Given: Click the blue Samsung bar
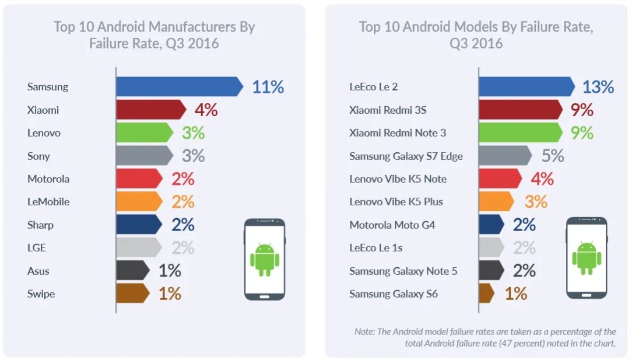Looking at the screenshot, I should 178,86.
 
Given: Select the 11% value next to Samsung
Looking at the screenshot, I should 268,87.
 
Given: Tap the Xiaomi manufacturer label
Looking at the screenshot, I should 43,110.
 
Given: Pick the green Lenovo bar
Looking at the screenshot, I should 143,132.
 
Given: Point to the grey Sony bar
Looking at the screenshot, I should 143,156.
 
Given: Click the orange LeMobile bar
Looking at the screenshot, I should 138,201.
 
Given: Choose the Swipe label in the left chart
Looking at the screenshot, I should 41,294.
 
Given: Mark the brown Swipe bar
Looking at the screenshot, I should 132,293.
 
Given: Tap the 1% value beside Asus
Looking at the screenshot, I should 170,271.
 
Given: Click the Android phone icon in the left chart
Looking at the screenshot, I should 264,259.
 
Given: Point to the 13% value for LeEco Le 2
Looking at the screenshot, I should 598,87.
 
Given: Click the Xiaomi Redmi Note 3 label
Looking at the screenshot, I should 398,132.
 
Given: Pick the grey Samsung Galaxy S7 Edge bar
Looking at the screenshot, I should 504,156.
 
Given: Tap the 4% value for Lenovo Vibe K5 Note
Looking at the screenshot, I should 542,179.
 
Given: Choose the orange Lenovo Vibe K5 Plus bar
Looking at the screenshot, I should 496,201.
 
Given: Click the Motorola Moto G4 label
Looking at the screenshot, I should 392,225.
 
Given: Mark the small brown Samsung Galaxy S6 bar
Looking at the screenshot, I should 486,293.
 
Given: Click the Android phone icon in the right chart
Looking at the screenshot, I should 586,257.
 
